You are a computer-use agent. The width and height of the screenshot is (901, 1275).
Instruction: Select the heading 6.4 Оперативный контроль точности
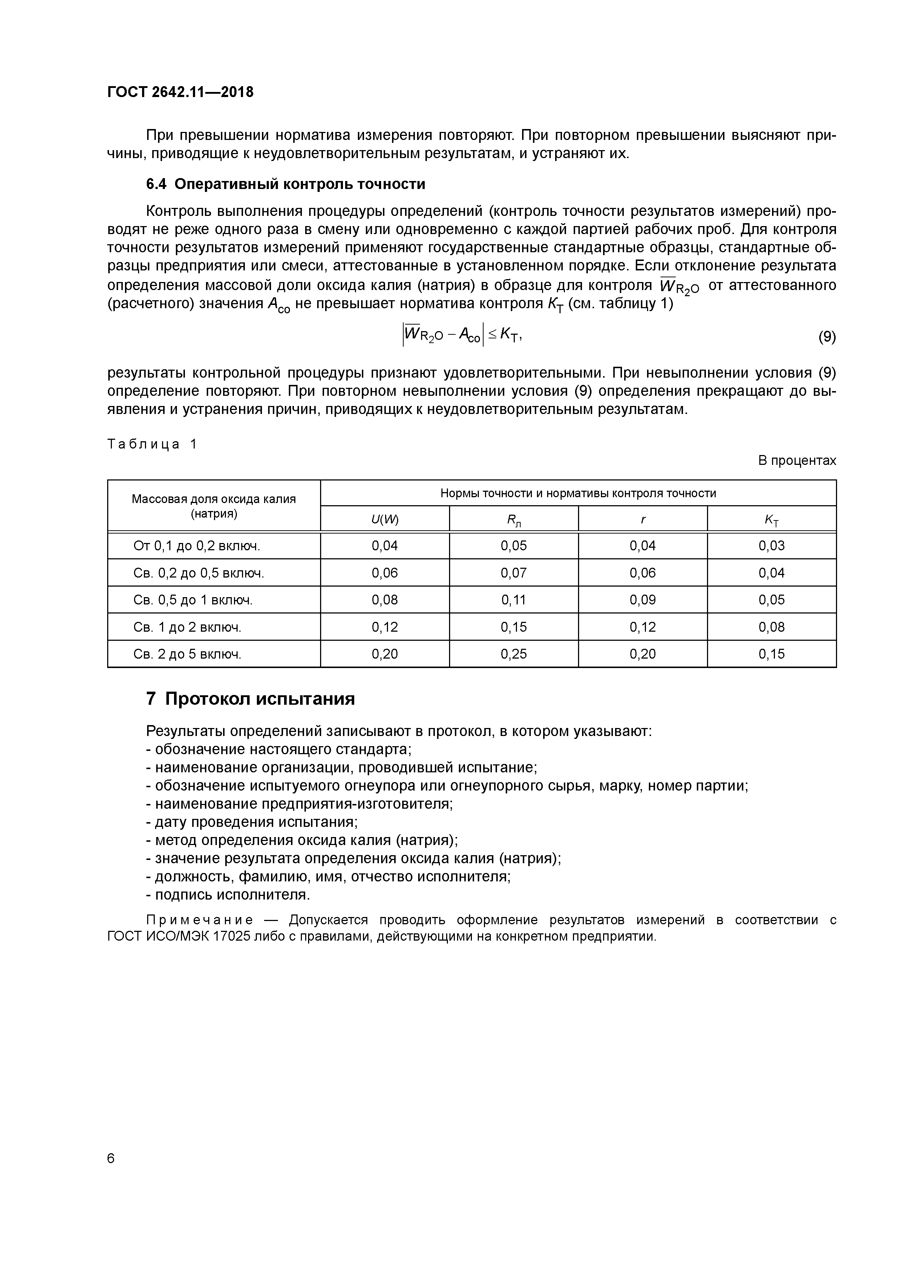click(x=285, y=184)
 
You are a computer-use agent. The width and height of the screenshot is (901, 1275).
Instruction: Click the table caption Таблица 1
click(x=152, y=444)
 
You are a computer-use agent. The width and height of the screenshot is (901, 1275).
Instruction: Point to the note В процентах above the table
click(x=797, y=460)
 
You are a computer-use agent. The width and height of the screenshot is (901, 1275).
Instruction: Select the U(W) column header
click(x=385, y=520)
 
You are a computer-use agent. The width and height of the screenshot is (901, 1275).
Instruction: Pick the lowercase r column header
click(x=642, y=520)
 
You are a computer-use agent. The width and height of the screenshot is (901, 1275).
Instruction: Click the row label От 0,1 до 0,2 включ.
click(x=197, y=546)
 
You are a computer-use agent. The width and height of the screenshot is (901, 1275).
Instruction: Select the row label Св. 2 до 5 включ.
click(x=187, y=654)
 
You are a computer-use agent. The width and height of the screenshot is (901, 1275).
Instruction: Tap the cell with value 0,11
click(x=513, y=600)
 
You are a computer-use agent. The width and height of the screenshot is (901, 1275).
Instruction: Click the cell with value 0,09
click(x=642, y=600)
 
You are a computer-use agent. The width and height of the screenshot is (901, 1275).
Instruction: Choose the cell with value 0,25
click(x=513, y=654)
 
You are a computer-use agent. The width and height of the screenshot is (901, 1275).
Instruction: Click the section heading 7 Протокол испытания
click(x=250, y=699)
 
